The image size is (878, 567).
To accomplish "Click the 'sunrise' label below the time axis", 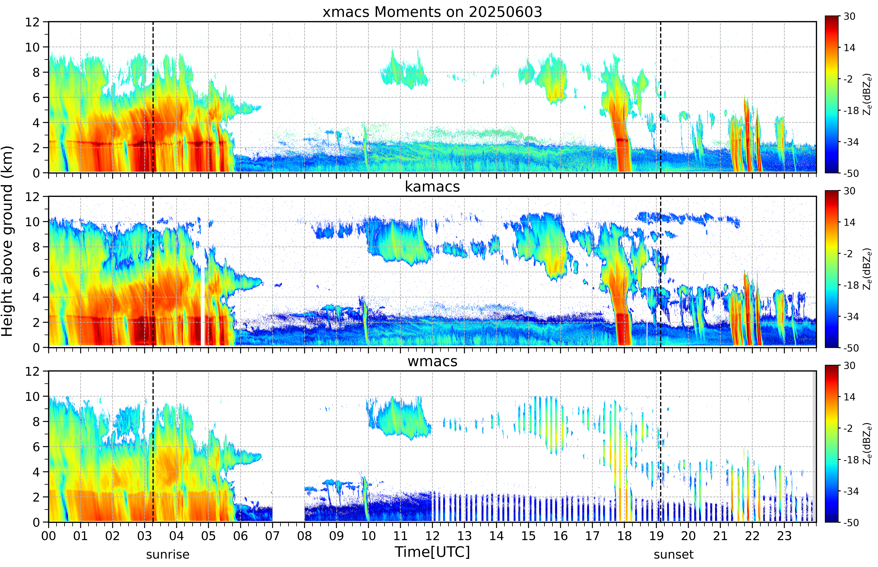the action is point(168,554).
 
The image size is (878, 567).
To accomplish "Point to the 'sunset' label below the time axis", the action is point(673,554).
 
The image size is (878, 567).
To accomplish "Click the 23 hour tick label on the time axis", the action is point(784,536).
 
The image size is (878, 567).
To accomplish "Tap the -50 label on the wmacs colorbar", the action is point(851,522).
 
